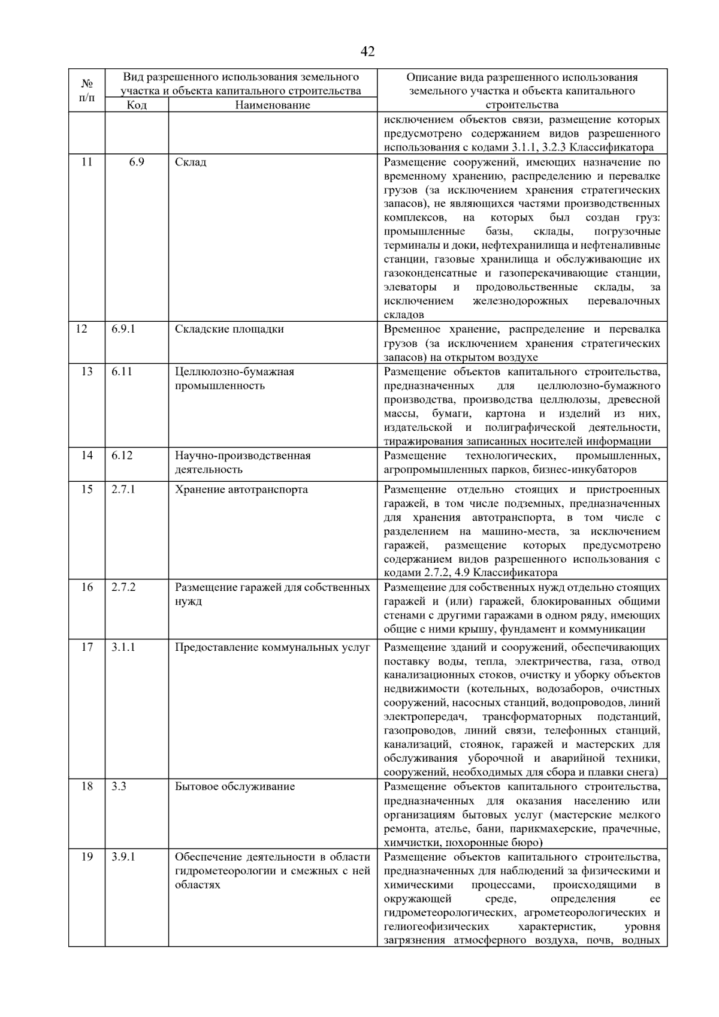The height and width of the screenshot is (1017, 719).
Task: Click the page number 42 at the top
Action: (368, 52)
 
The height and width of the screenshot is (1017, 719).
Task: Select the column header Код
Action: (137, 105)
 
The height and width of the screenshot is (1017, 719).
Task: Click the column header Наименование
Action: (273, 105)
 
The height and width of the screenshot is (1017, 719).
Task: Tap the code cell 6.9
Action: (137, 162)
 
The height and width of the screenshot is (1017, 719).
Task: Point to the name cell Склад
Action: (191, 162)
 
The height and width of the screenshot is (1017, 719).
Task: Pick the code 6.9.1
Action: (123, 329)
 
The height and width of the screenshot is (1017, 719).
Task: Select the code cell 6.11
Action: (122, 372)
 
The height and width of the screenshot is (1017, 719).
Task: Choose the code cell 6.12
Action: (122, 455)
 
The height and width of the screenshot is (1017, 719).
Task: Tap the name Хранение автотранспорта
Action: (241, 490)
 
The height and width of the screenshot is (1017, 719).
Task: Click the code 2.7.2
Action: (123, 587)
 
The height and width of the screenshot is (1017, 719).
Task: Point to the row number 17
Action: (87, 647)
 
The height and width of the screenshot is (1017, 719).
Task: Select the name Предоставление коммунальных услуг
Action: (273, 647)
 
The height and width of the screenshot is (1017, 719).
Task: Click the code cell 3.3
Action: (119, 786)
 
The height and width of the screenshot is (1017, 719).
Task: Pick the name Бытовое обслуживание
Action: (235, 786)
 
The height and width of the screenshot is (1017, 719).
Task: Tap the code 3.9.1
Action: (123, 857)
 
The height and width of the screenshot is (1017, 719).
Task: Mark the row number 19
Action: (87, 857)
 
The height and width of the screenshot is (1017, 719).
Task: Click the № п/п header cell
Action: (87, 90)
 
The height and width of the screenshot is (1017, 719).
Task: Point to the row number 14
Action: (87, 455)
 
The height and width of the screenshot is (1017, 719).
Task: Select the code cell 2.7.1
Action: (123, 490)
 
